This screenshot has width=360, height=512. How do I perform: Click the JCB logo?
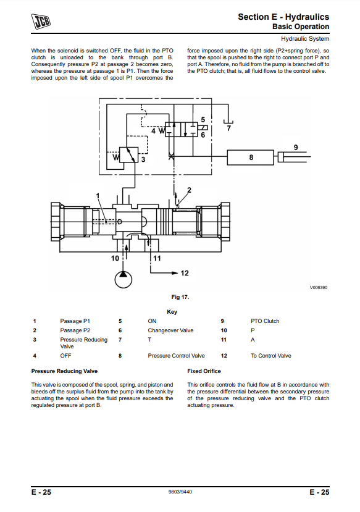[41, 21]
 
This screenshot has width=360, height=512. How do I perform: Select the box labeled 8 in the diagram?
[250, 157]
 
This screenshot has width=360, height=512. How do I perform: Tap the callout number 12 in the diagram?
[185, 273]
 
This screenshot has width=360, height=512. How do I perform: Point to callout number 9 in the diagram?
[296, 147]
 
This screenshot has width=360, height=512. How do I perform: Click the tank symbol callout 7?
[229, 128]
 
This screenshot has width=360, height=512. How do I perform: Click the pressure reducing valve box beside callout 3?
[128, 155]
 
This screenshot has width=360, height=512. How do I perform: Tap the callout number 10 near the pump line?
[115, 258]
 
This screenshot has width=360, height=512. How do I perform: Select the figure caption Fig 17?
[180, 297]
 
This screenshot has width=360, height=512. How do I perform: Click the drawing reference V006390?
[319, 287]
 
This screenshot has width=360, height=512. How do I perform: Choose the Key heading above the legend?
[172, 312]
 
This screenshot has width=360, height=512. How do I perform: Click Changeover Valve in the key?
[170, 330]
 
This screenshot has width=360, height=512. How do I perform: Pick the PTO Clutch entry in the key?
[265, 321]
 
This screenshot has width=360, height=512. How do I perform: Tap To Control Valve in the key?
[271, 356]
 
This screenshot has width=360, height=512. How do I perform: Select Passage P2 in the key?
[75, 330]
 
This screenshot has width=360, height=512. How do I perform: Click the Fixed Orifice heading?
[204, 371]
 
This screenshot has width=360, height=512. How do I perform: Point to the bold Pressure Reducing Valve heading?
[64, 371]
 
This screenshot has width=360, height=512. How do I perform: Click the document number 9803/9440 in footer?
[180, 492]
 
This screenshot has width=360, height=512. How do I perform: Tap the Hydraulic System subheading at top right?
[305, 38]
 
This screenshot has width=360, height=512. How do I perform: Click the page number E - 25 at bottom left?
[41, 492]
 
